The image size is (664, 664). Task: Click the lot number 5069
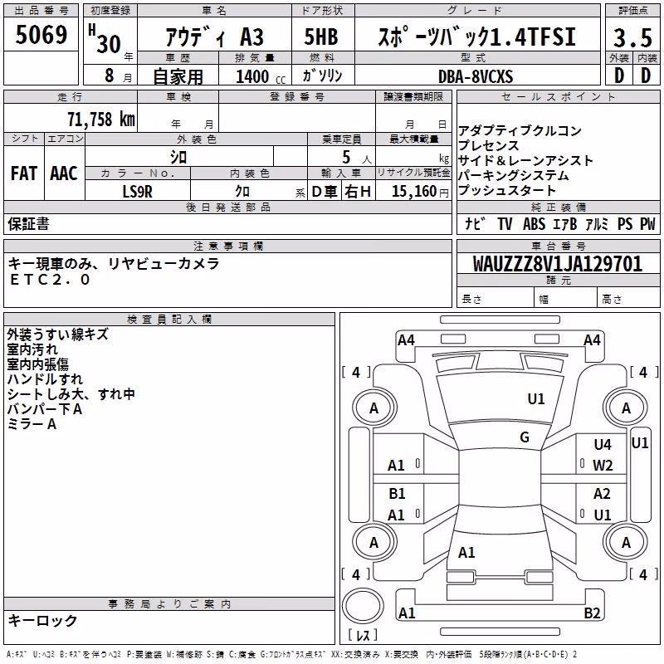(41, 35)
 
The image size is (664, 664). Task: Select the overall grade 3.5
(632, 37)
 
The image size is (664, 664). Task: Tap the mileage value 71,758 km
(101, 120)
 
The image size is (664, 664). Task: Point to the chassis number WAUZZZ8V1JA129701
(557, 263)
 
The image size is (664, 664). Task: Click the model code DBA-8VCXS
(476, 76)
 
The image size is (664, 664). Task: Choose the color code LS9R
(137, 192)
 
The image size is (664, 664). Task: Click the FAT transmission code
(24, 173)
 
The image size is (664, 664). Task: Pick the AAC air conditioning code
(64, 173)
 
